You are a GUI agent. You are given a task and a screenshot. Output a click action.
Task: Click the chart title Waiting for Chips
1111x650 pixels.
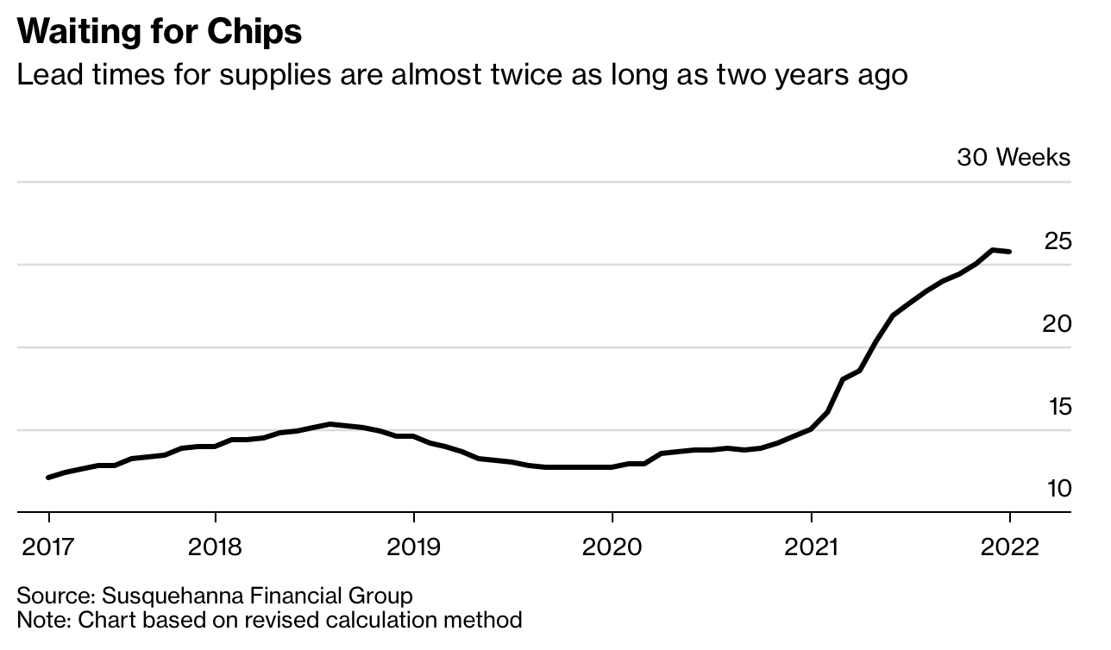[x=160, y=32]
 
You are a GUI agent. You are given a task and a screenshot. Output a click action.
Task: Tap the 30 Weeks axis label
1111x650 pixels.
[x=1013, y=158]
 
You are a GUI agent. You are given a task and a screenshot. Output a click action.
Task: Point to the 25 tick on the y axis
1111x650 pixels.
[x=1058, y=241]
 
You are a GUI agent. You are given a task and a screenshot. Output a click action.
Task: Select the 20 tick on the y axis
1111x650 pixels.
[x=1058, y=324]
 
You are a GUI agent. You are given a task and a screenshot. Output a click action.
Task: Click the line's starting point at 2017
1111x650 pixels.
[x=48, y=477]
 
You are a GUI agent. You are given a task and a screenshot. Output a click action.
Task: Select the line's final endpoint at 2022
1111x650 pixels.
[x=1010, y=252]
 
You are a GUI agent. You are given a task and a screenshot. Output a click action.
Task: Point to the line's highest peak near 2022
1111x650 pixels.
[x=993, y=250]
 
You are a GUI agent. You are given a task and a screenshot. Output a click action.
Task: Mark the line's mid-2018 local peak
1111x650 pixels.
[x=330, y=424]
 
